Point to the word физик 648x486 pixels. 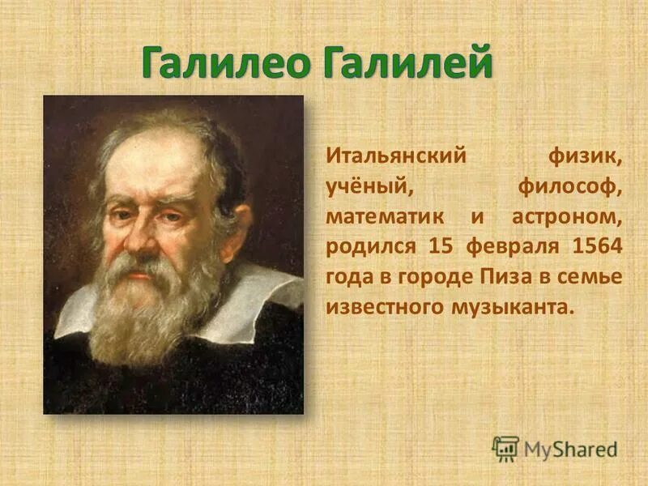pyautogui.click(x=585, y=155)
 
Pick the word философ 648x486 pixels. pyautogui.click(x=571, y=188)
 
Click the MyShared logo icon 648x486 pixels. pyautogui.click(x=505, y=448)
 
